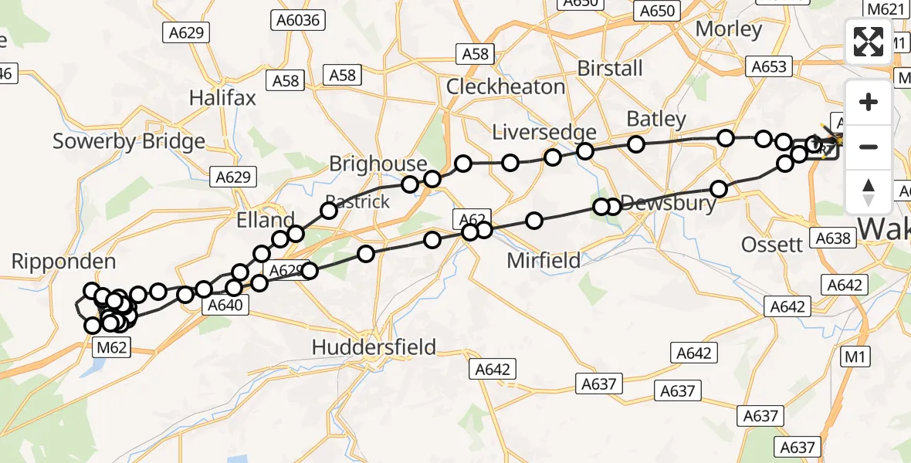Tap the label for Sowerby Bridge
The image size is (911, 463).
(x=129, y=141)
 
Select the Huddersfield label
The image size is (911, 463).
(x=374, y=347)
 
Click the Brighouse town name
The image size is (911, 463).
(x=378, y=164)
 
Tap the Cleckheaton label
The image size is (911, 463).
(x=506, y=86)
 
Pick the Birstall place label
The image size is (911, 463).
(x=610, y=68)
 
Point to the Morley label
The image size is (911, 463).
(x=728, y=29)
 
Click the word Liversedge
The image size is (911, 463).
(x=544, y=133)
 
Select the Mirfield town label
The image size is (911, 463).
(x=544, y=261)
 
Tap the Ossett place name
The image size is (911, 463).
(x=772, y=245)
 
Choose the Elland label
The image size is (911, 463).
(x=266, y=220)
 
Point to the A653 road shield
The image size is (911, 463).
(x=770, y=67)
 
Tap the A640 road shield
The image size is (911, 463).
(x=225, y=306)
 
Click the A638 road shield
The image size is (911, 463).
(x=835, y=238)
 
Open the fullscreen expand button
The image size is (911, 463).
(x=869, y=42)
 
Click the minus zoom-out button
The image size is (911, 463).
(x=869, y=147)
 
